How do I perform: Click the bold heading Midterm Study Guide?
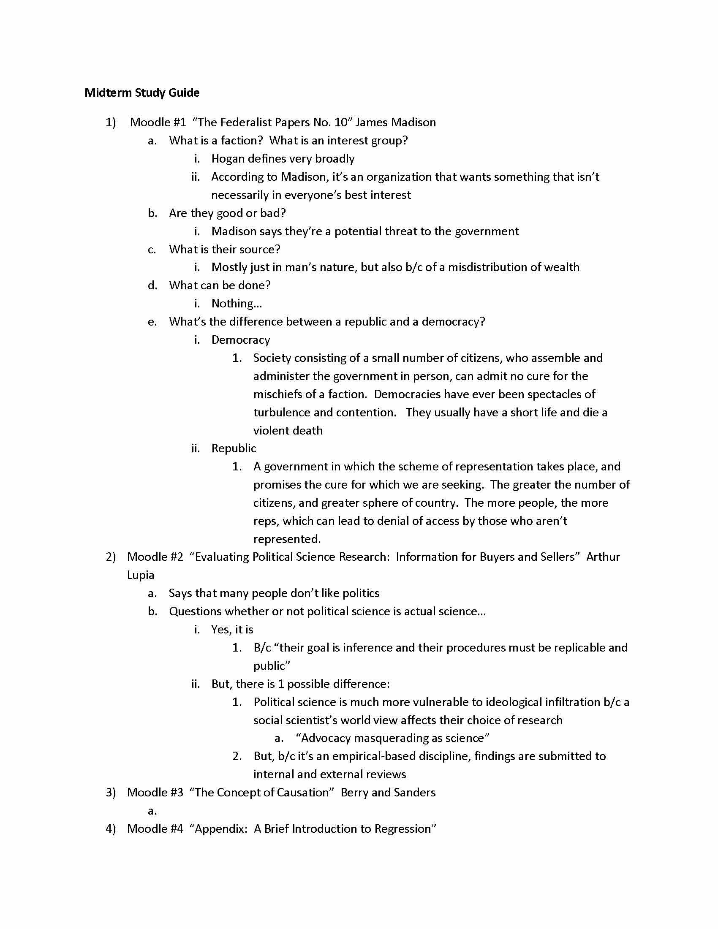pos(141,93)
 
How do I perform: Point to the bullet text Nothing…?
pos(237,303)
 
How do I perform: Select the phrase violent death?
pos(288,430)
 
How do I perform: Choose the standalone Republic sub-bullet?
pos(234,448)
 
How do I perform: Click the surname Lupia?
pos(140,575)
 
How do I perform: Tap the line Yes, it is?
pos(232,630)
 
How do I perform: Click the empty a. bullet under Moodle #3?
pos(152,811)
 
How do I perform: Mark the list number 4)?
pos(111,828)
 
